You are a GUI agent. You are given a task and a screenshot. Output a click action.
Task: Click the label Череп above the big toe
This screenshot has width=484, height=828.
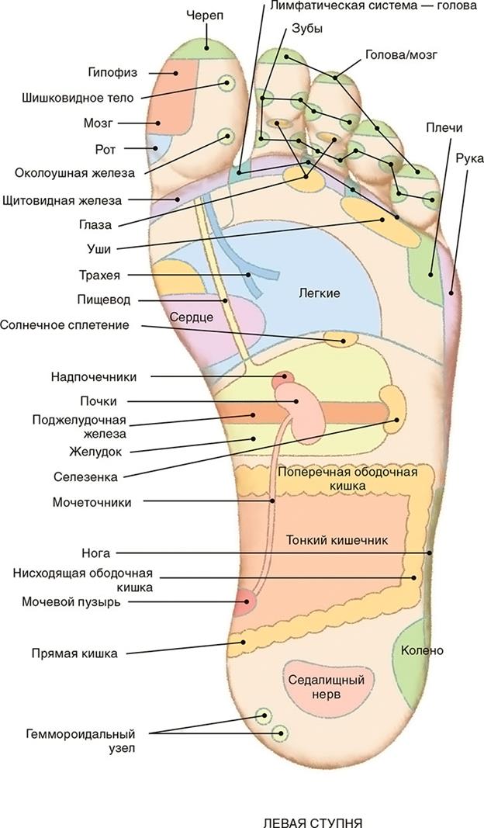(x=205, y=16)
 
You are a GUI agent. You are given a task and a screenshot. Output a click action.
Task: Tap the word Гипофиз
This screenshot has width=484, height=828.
(x=112, y=73)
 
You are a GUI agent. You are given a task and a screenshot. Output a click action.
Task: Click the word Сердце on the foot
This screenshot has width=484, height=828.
(x=192, y=318)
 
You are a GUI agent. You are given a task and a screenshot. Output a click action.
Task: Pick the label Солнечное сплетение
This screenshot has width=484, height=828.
(x=64, y=324)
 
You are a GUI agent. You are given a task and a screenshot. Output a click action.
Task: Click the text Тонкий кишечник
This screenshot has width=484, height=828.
(x=337, y=540)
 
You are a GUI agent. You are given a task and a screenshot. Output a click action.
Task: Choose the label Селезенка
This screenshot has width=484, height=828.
(x=85, y=476)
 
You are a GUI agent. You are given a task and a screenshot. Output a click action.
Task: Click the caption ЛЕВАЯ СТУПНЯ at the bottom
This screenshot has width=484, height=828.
(x=313, y=823)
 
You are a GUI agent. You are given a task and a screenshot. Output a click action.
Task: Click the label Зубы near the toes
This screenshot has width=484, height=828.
(x=307, y=29)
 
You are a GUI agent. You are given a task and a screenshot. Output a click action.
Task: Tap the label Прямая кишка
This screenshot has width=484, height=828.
(x=74, y=653)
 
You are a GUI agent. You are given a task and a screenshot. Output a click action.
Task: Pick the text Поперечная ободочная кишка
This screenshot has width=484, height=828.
(x=347, y=478)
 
